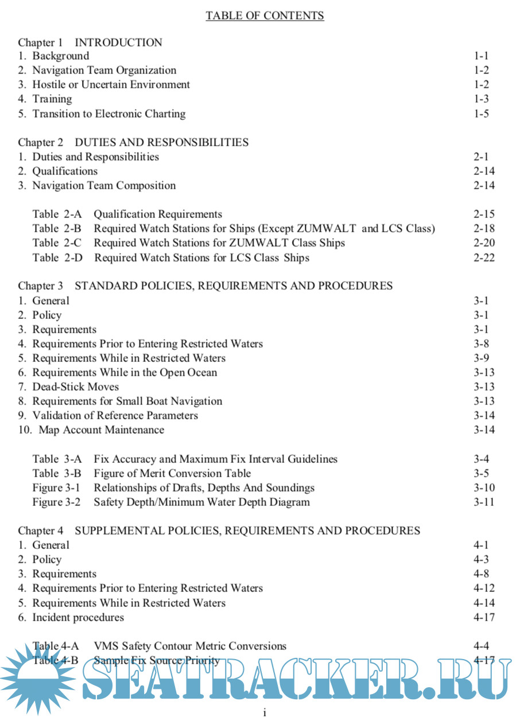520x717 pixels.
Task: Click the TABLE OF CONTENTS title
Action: click(x=265, y=15)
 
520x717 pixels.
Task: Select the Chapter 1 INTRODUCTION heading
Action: click(x=90, y=42)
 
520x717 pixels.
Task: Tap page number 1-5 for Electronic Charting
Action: click(x=481, y=114)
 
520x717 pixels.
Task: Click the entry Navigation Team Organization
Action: click(x=104, y=71)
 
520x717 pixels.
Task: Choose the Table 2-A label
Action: click(x=57, y=215)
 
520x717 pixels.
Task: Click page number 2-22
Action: click(x=484, y=258)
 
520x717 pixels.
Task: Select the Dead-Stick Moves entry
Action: click(x=75, y=387)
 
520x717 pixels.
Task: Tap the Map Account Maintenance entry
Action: click(x=101, y=430)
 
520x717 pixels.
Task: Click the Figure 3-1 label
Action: click(x=56, y=488)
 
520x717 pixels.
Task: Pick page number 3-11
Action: click(x=484, y=502)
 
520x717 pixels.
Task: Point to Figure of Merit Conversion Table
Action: click(x=172, y=474)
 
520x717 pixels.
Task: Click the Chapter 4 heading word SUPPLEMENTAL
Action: click(x=148, y=531)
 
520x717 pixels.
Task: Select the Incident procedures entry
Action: click(x=77, y=618)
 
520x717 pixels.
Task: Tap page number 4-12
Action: click(x=484, y=589)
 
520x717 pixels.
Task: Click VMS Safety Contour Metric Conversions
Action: click(x=190, y=646)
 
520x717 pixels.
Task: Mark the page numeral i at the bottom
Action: click(x=264, y=712)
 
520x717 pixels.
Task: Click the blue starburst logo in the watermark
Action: click(x=34, y=680)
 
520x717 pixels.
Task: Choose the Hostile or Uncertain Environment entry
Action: click(x=111, y=85)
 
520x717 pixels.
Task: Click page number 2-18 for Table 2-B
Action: click(x=484, y=229)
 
